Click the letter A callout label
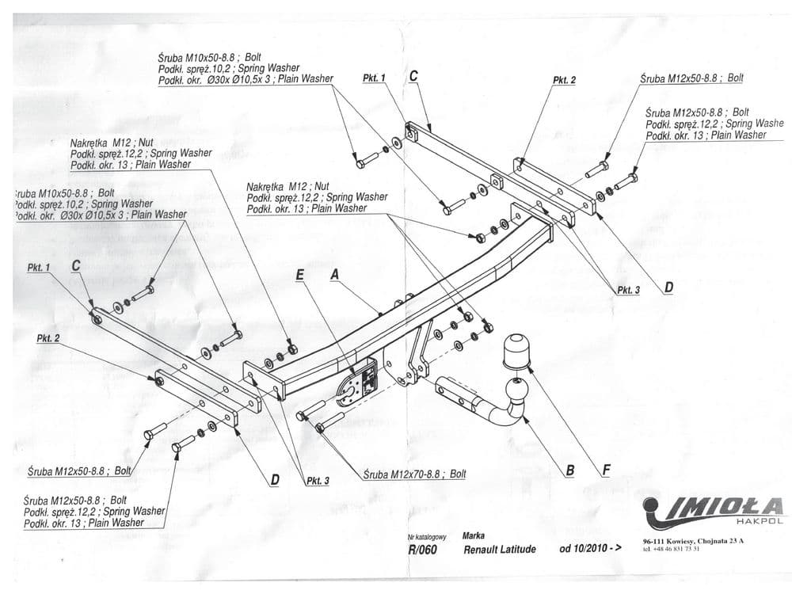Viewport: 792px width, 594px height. click(x=334, y=273)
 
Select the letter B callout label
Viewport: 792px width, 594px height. click(x=569, y=470)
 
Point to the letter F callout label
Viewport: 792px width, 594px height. click(x=606, y=470)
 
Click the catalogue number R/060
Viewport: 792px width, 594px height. click(x=422, y=549)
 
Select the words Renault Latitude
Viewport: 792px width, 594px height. click(x=499, y=549)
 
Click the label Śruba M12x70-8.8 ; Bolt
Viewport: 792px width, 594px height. click(x=415, y=474)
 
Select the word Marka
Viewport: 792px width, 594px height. click(x=474, y=535)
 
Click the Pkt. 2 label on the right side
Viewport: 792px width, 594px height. click(x=564, y=80)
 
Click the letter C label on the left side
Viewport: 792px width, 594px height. click(x=76, y=266)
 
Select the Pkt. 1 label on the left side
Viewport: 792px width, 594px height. click(x=38, y=268)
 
